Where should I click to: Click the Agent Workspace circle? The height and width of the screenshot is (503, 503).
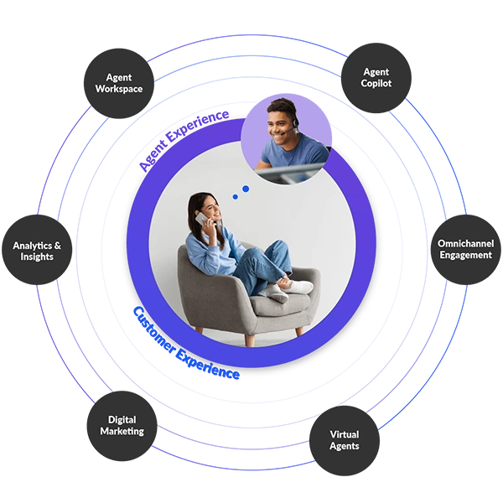tap(119, 83)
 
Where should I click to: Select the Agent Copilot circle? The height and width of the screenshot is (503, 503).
tap(376, 78)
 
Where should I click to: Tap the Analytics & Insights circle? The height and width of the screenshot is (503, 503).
tap(37, 250)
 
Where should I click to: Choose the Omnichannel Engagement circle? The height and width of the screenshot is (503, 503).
tap(466, 250)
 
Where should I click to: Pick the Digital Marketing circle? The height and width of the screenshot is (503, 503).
tap(122, 426)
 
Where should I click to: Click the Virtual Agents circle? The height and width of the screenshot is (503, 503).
tap(345, 440)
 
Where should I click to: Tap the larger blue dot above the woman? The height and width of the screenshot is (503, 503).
tap(246, 189)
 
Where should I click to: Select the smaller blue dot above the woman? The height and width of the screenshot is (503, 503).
tap(235, 197)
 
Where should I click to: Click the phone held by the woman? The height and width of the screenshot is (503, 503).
tap(201, 219)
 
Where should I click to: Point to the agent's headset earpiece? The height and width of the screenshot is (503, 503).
tap(295, 122)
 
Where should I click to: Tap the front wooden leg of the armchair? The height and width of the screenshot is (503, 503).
tap(250, 340)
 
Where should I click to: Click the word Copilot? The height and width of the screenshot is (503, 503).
tap(376, 84)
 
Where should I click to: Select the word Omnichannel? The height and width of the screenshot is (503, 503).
tap(466, 243)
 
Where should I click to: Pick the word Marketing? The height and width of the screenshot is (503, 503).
tap(122, 432)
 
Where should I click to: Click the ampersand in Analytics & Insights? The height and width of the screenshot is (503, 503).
tap(57, 246)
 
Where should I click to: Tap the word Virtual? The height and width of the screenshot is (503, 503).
tap(345, 434)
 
